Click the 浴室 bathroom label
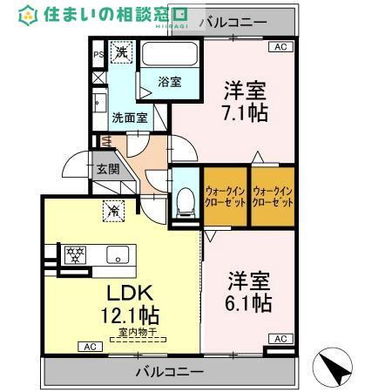(169, 82)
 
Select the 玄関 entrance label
(108, 168)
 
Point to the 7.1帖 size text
(245, 113)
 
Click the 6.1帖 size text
(250, 302)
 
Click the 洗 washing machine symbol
(122, 53)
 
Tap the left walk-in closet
(224, 196)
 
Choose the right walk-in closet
(271, 196)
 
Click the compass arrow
(330, 366)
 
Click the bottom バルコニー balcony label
(164, 372)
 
